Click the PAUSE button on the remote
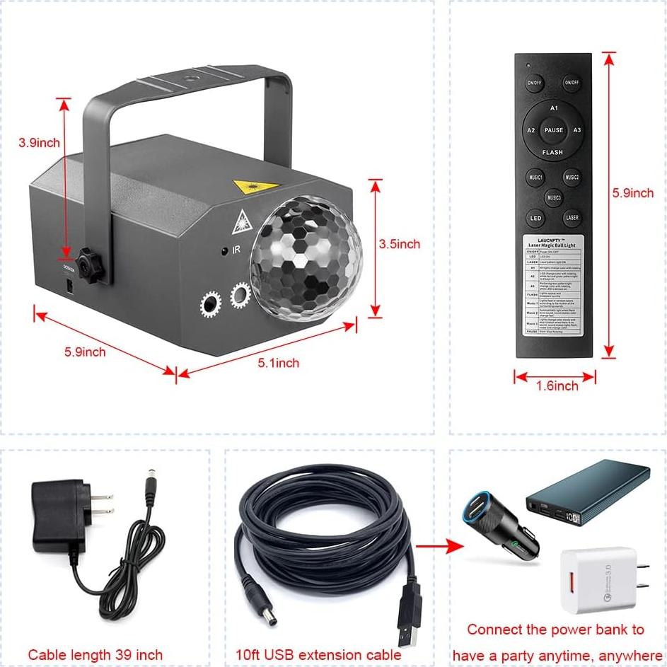point(554,130)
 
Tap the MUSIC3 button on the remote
point(554,197)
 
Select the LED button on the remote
point(535,219)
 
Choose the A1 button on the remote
point(555,108)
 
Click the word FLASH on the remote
point(552,152)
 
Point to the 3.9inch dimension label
point(39,142)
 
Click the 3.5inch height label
point(399,244)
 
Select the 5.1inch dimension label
point(278,363)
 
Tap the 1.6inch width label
point(556,385)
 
